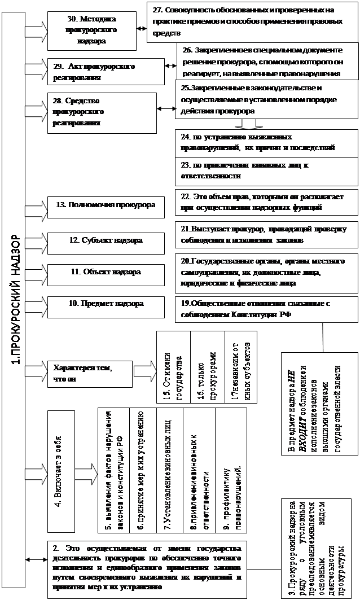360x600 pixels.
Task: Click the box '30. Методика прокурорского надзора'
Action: coord(90,30)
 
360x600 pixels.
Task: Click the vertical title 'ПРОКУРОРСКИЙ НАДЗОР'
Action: coord(16,300)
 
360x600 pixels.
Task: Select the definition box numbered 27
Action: coord(251,21)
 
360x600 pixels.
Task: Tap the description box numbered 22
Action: coord(266,203)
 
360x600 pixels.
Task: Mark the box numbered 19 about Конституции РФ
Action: coord(266,308)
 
